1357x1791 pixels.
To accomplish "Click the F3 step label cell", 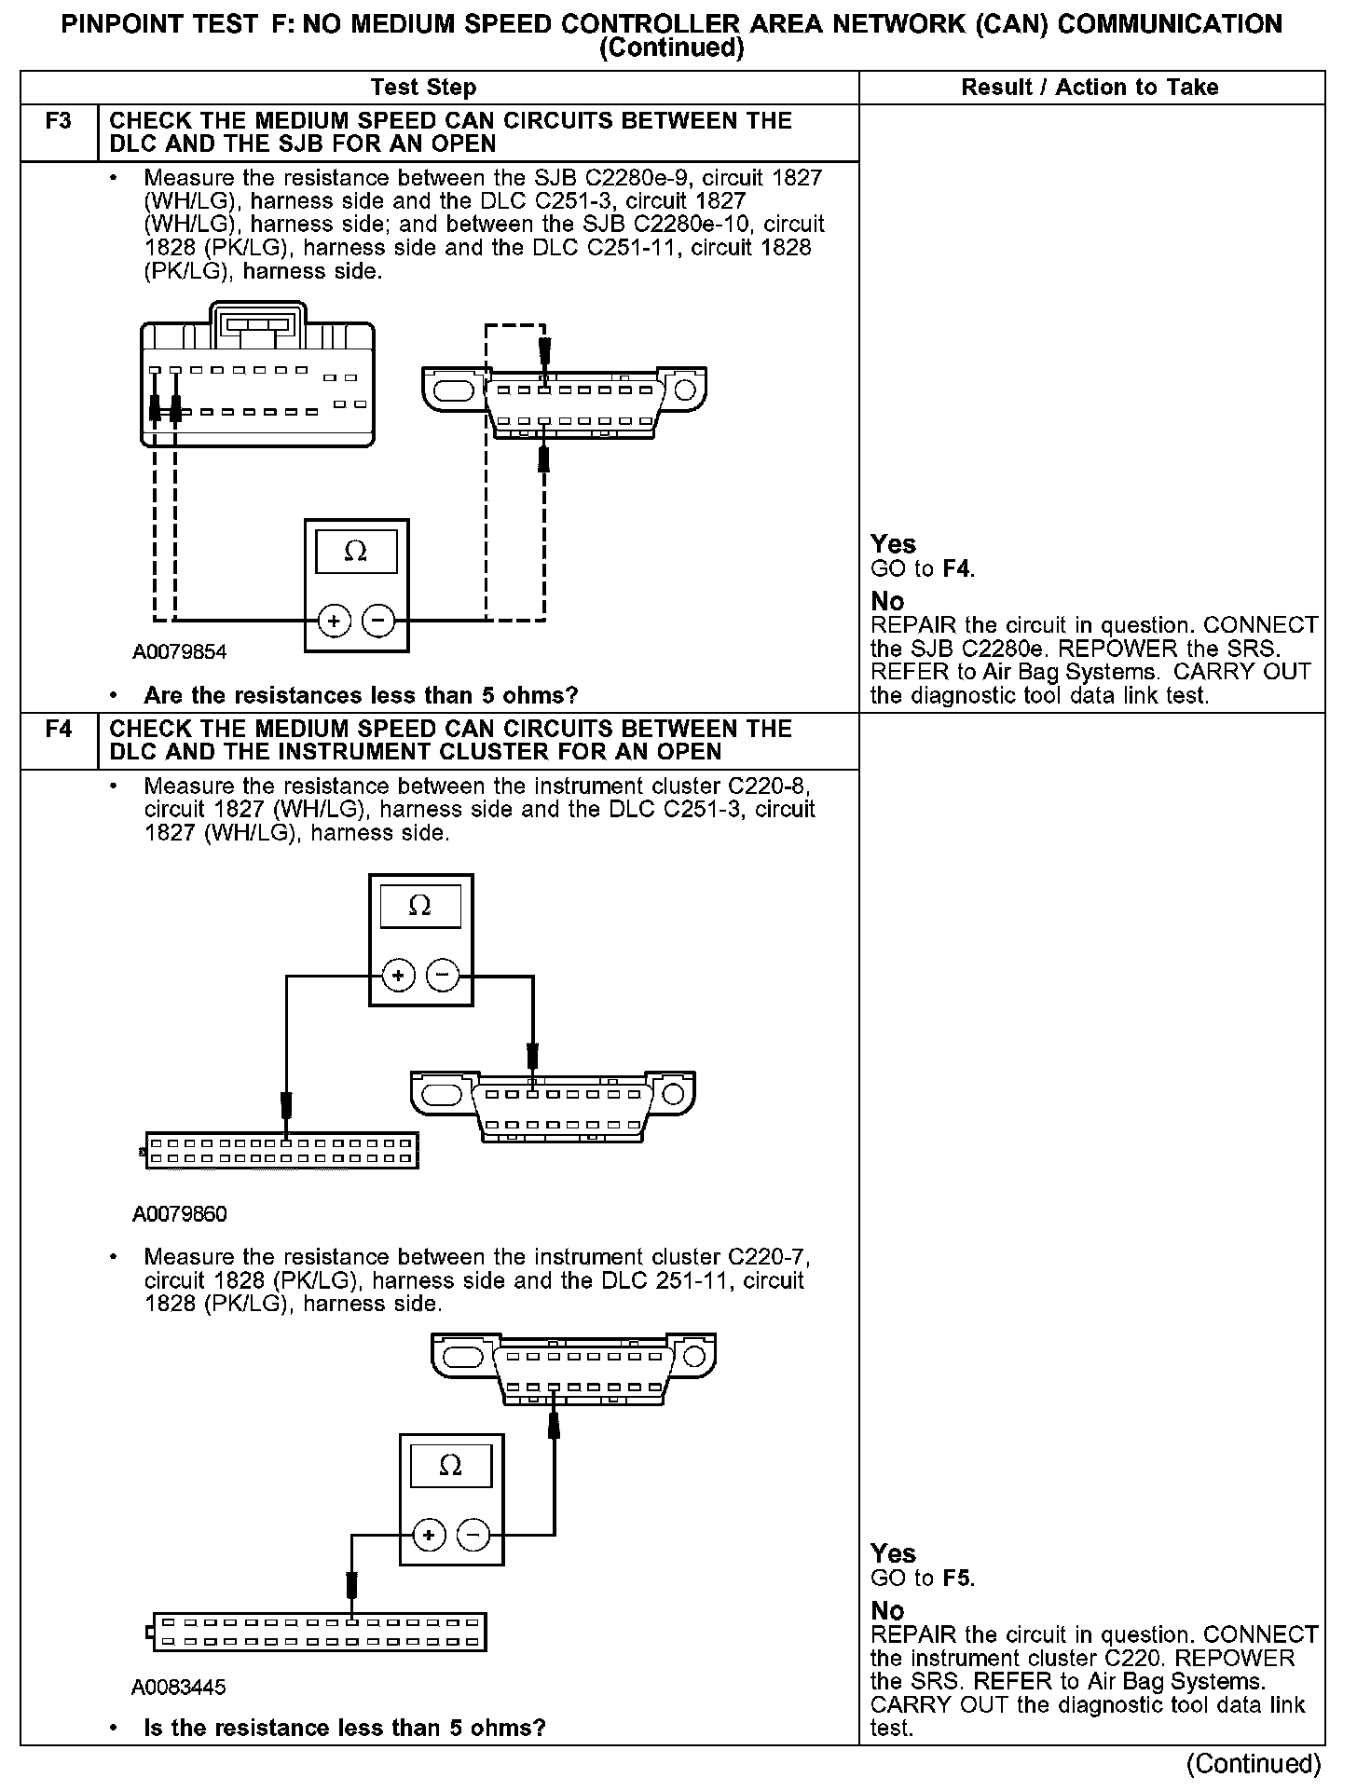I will pos(58,121).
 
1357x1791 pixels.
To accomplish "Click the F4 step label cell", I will pos(58,729).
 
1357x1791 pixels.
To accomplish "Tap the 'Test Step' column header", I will pos(423,88).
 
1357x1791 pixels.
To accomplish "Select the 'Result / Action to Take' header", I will pos(1090,88).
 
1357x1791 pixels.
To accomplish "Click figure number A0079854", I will pos(180,652).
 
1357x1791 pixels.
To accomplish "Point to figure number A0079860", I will pos(180,1213).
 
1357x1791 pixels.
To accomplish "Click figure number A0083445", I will pos(179,1688).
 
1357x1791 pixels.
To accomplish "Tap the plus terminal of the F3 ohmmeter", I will pos(335,620).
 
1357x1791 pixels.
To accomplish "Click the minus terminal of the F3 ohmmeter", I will pos(377,620).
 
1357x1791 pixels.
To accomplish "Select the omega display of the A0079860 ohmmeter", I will pos(419,907).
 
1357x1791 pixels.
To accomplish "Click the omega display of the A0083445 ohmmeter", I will pos(450,1466).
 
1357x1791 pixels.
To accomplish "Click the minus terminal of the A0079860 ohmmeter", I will pos(443,976).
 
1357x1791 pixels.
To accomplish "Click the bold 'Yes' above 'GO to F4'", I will pos(893,544).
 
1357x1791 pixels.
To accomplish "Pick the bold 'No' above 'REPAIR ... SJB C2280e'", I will pos(887,601).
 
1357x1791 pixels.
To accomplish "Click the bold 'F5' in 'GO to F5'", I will pos(957,1579).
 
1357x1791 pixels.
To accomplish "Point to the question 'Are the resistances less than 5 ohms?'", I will pos(361,696).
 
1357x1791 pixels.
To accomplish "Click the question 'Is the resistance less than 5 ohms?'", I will pos(345,1729).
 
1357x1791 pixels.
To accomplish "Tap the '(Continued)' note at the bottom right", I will pos(1254,1764).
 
